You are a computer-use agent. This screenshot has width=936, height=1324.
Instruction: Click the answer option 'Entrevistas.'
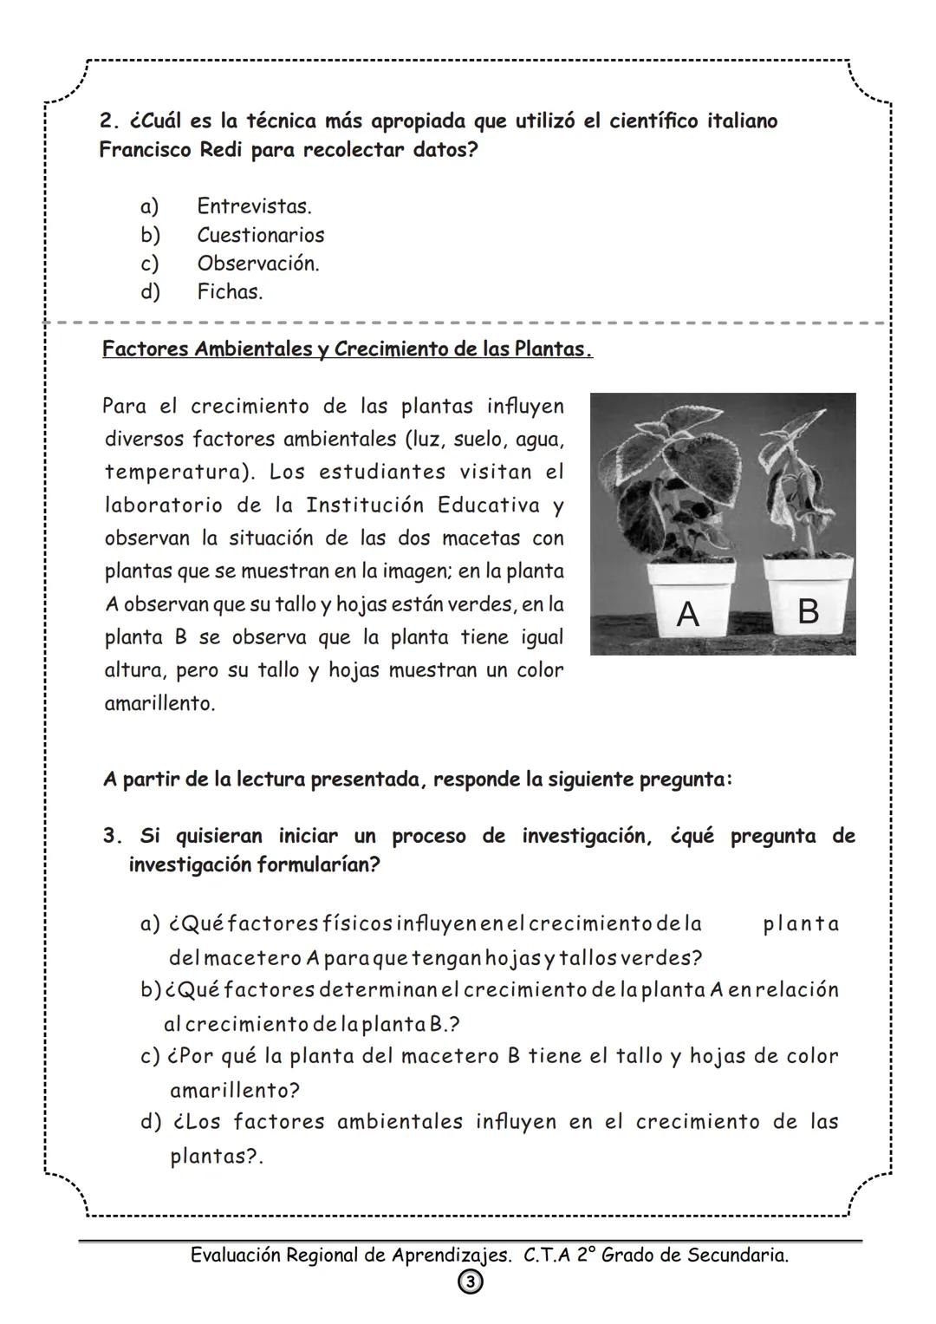253,206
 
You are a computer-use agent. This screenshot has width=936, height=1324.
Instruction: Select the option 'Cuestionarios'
260,235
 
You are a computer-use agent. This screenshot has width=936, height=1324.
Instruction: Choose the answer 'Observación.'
257,264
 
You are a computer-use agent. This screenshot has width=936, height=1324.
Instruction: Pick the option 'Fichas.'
229,292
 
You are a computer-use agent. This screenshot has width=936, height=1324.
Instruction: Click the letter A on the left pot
687,615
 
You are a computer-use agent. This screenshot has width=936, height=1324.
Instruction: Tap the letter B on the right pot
807,611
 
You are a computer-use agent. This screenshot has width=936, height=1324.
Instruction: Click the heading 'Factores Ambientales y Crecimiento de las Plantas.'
347,349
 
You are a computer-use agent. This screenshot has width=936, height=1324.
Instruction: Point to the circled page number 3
470,1282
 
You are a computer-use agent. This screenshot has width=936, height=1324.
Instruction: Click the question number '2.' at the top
109,121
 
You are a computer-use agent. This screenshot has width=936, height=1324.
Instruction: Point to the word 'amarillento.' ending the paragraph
159,704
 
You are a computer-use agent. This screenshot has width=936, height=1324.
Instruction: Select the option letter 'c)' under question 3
150,1057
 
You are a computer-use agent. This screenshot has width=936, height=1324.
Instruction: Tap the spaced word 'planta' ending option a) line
801,924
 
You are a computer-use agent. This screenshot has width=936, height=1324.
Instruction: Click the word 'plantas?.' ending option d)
216,1157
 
